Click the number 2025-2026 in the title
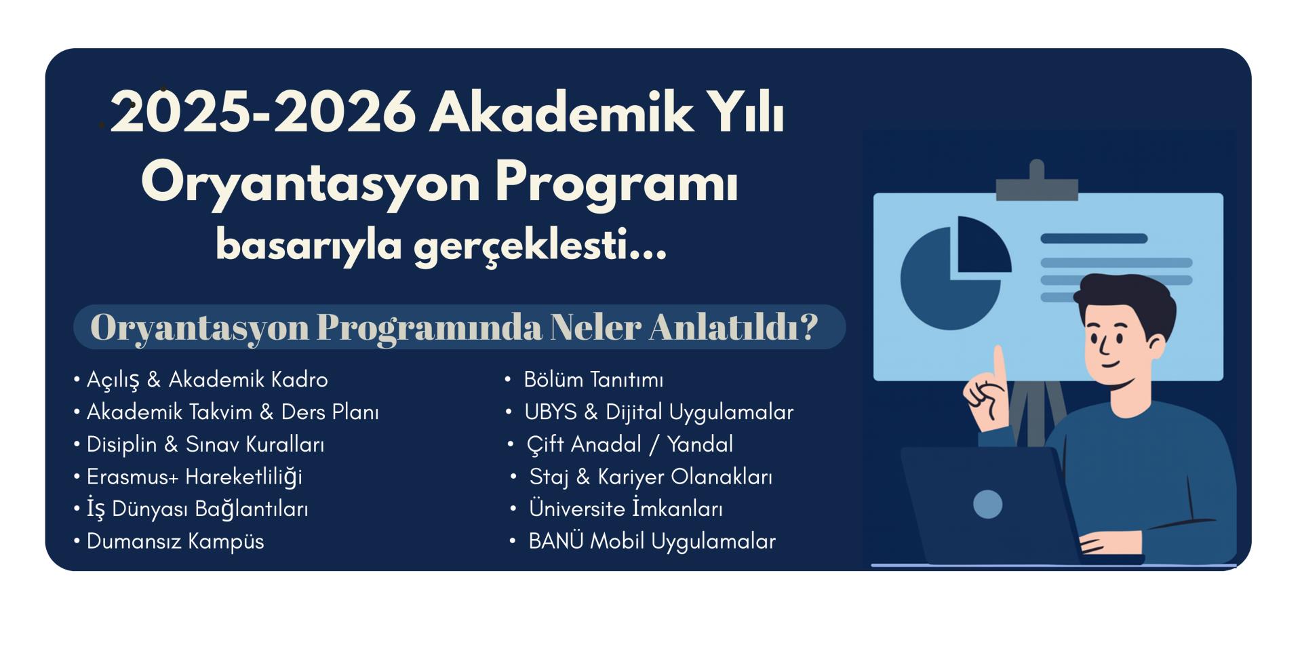[263, 113]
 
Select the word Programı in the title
[616, 183]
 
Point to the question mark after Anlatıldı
[808, 326]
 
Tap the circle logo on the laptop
[987, 504]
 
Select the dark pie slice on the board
[982, 244]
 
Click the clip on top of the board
[1037, 181]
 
